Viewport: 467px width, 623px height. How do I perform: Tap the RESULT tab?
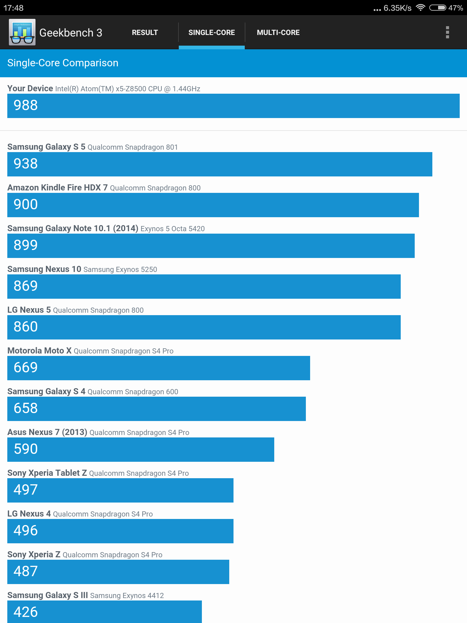click(145, 33)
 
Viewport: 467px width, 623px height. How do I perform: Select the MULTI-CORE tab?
click(278, 33)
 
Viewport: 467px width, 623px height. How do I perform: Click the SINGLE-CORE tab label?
click(212, 33)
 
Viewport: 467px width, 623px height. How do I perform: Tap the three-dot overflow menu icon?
click(447, 32)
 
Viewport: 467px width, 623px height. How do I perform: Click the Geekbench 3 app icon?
click(22, 32)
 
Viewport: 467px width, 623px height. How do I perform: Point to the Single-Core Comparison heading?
click(63, 63)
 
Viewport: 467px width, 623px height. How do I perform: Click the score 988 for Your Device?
click(26, 105)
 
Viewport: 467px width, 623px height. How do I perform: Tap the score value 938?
click(26, 164)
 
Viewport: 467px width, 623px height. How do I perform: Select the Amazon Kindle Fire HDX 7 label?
click(57, 187)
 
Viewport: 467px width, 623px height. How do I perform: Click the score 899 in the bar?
click(26, 245)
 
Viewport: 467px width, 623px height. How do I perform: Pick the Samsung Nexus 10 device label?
click(44, 269)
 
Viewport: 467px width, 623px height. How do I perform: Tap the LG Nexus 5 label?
click(29, 310)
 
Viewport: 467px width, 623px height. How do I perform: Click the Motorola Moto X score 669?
click(26, 367)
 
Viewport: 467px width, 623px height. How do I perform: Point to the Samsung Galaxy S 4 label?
click(47, 392)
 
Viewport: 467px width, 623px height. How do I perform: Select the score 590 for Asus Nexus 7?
click(26, 449)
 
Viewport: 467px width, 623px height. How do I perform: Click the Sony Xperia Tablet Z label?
click(47, 473)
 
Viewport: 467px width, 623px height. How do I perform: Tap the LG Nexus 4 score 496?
click(26, 531)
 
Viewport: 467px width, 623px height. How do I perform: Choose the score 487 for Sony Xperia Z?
click(26, 571)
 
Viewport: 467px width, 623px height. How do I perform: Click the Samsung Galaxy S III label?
click(48, 595)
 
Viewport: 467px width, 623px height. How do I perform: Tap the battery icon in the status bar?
click(438, 8)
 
